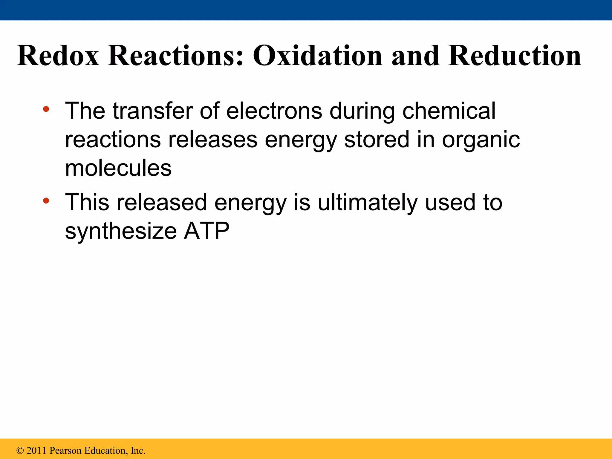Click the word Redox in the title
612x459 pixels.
(58, 56)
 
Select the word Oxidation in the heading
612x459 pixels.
(317, 56)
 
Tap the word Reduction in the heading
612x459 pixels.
(514, 56)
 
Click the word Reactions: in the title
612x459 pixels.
(176, 56)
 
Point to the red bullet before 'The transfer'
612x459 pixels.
(46, 109)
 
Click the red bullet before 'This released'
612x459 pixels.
(46, 201)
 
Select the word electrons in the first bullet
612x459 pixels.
(274, 111)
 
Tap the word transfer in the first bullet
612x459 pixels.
(152, 111)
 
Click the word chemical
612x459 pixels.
(449, 111)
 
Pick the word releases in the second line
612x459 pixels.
(212, 140)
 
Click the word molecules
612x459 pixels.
(118, 168)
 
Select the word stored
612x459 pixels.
(377, 140)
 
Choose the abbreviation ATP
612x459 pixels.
(206, 231)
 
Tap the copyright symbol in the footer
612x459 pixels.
(20, 451)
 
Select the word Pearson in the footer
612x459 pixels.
(65, 451)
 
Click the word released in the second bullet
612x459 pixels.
(161, 202)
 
